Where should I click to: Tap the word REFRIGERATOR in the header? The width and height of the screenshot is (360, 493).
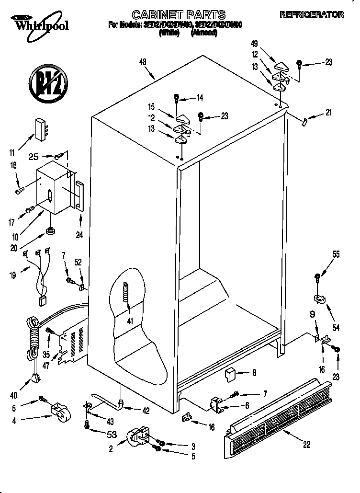coord(318,15)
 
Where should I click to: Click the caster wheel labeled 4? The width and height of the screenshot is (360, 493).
coord(59,411)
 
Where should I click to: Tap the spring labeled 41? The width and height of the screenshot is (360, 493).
coord(126,291)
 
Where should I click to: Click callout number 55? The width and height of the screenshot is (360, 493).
coord(336,254)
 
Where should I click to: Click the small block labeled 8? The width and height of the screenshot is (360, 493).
coord(231,373)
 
